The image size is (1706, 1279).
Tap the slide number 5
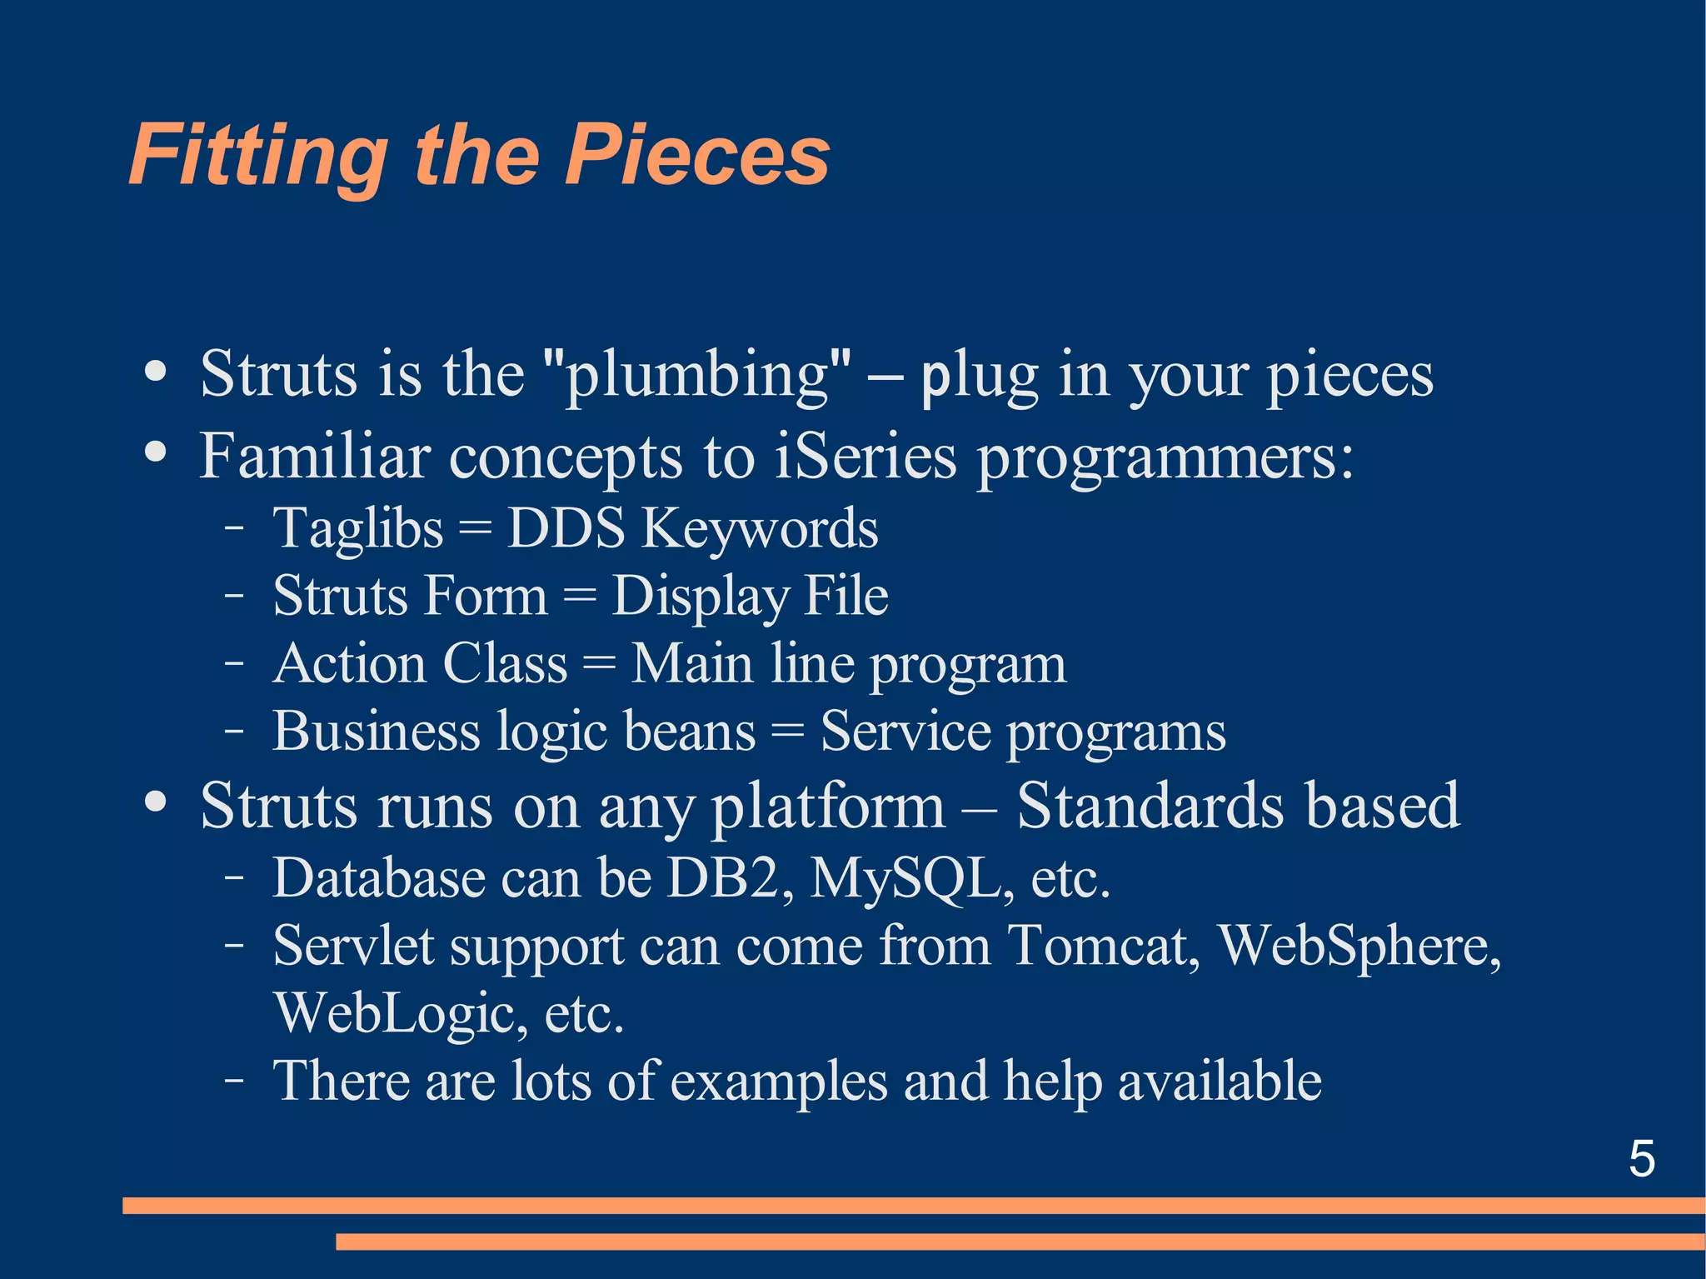[1641, 1158]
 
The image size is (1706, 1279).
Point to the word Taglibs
[358, 530]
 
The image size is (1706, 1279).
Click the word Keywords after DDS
[759, 530]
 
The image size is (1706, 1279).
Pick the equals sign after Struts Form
[580, 597]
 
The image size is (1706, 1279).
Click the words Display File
[750, 597]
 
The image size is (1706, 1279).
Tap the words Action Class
[420, 664]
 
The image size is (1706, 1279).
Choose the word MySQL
[911, 880]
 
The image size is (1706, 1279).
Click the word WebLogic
[400, 1014]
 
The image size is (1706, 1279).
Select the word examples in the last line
[779, 1082]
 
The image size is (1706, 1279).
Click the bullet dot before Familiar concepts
[155, 453]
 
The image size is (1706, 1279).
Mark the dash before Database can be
[234, 878]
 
